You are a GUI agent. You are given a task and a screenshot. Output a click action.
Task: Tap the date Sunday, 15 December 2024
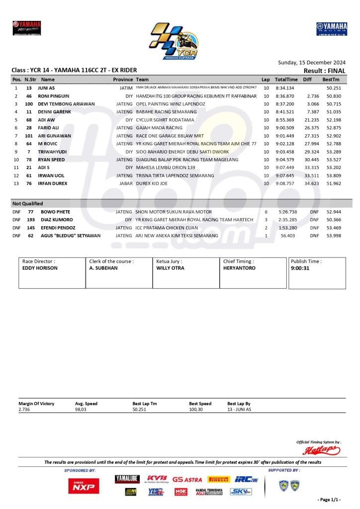click(x=311, y=63)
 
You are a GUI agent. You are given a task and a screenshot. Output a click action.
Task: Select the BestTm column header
click(x=331, y=80)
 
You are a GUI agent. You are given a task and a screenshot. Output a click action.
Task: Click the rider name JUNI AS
click(x=46, y=88)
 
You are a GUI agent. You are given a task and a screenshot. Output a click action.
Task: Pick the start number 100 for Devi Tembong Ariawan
click(x=29, y=104)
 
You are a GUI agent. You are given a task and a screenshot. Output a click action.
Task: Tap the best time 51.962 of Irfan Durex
click(x=333, y=183)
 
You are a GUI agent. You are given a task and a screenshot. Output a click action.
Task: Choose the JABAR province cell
click(x=126, y=183)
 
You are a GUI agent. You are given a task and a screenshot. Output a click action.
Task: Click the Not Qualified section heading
click(x=28, y=203)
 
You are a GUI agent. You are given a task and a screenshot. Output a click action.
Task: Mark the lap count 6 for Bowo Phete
click(x=266, y=212)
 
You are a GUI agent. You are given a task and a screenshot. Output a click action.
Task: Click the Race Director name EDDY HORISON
click(x=40, y=268)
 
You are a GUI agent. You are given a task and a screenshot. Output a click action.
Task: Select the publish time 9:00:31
click(x=300, y=268)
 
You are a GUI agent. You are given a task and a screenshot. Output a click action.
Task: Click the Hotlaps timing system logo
click(x=322, y=450)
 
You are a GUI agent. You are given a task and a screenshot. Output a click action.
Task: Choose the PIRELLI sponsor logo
click(x=218, y=480)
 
